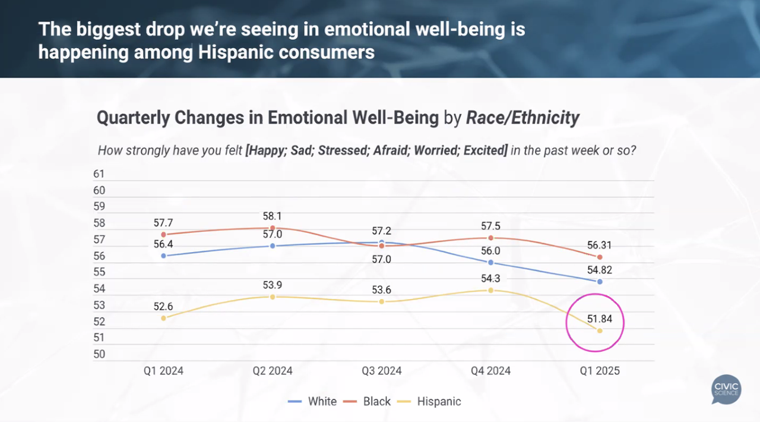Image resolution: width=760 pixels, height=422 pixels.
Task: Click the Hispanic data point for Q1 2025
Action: [600, 330]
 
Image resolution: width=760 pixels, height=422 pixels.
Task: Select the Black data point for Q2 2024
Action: [273, 228]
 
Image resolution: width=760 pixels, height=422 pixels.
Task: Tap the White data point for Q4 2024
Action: [490, 262]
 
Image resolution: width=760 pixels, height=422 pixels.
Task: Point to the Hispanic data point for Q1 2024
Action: [163, 318]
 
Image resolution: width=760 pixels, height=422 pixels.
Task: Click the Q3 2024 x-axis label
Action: [382, 371]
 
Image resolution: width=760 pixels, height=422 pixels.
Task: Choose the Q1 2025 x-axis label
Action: [600, 371]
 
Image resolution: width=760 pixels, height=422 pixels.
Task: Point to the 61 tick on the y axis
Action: [99, 174]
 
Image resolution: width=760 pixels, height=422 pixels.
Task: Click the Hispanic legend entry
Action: [439, 401]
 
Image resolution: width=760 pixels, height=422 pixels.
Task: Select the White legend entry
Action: [322, 401]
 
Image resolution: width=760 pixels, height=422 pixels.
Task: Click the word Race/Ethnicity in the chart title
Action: [522, 118]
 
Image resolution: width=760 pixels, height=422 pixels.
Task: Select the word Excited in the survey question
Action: [485, 150]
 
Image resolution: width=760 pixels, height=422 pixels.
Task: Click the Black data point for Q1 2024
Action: [163, 234]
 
